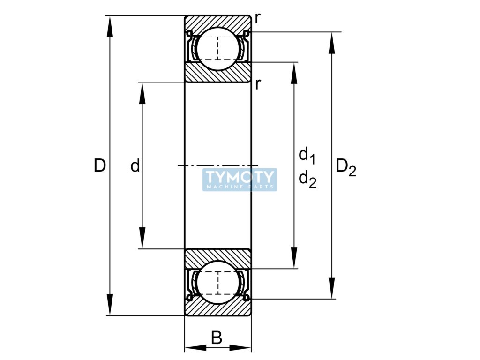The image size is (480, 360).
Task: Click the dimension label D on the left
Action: tap(99, 165)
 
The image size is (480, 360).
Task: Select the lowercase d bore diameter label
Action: tap(135, 165)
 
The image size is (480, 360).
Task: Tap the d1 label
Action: tap(307, 155)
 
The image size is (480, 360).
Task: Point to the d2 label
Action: tap(307, 179)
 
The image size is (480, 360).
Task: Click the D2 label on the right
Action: tap(346, 167)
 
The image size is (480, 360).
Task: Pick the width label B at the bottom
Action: tap(217, 337)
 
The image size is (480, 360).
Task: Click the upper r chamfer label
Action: tap(258, 18)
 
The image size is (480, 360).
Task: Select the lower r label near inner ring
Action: tap(258, 84)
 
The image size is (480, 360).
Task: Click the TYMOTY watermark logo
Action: tap(240, 180)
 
